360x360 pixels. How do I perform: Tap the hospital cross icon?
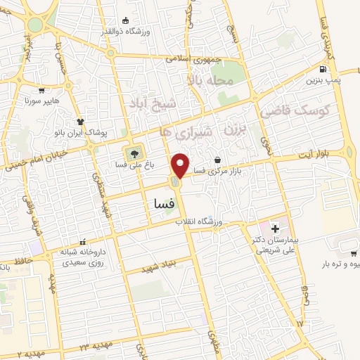(274, 229)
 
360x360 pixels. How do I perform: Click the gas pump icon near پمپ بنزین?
(323, 70)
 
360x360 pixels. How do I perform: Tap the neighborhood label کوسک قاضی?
(286, 110)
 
